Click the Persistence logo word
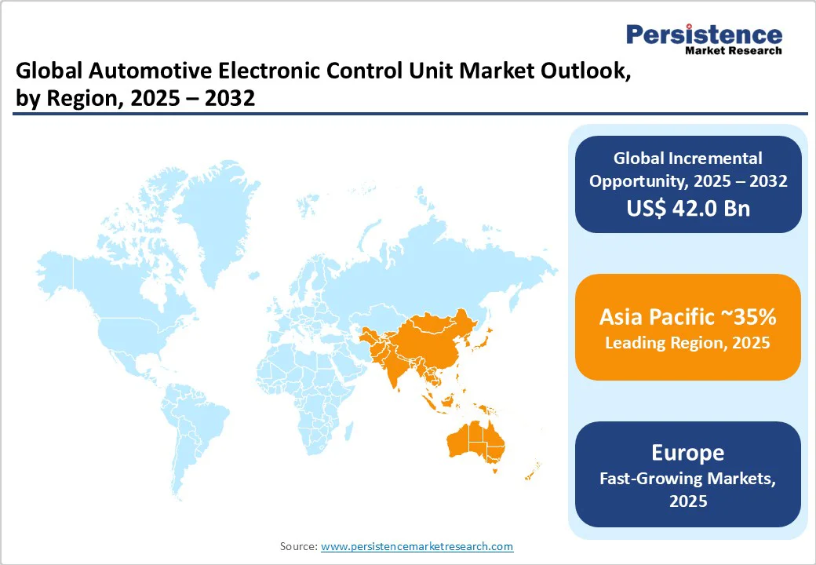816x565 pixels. (704, 35)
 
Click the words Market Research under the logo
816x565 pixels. (733, 51)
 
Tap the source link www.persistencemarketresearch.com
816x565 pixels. (417, 546)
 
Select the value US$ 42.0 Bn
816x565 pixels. (688, 208)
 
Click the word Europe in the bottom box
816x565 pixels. (687, 453)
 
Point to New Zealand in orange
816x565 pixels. (532, 471)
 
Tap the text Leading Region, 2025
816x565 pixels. (687, 343)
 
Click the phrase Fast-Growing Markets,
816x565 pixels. (687, 479)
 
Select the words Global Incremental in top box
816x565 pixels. (687, 159)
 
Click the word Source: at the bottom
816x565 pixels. (298, 546)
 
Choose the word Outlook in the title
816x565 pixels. (578, 73)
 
